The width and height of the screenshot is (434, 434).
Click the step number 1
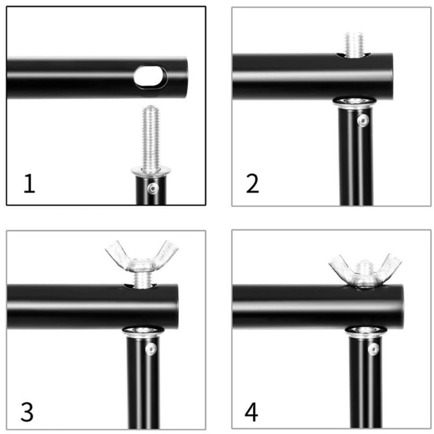pyautogui.click(x=30, y=183)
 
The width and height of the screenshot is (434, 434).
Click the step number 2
pyautogui.click(x=252, y=183)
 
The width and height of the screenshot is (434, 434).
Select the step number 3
pyautogui.click(x=27, y=412)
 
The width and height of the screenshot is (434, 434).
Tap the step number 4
pyautogui.click(x=251, y=412)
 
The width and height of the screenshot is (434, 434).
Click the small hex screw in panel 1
pyautogui.click(x=153, y=189)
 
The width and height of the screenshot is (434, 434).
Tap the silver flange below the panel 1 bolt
pyautogui.click(x=151, y=172)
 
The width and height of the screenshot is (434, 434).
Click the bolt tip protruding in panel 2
pyautogui.click(x=354, y=44)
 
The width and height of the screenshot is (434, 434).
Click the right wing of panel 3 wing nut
pyautogui.click(x=166, y=253)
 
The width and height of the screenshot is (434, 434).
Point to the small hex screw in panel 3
pyautogui.click(x=151, y=349)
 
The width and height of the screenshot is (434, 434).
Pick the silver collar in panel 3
pyautogui.click(x=143, y=332)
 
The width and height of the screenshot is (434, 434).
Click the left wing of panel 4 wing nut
pyautogui.click(x=341, y=266)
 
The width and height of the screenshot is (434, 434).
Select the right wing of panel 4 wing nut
pyautogui.click(x=389, y=265)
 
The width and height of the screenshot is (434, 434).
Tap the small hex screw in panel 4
pyautogui.click(x=374, y=349)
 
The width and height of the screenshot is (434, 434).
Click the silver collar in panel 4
pyautogui.click(x=366, y=332)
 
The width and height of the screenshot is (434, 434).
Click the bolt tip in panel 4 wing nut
pyautogui.click(x=365, y=265)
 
